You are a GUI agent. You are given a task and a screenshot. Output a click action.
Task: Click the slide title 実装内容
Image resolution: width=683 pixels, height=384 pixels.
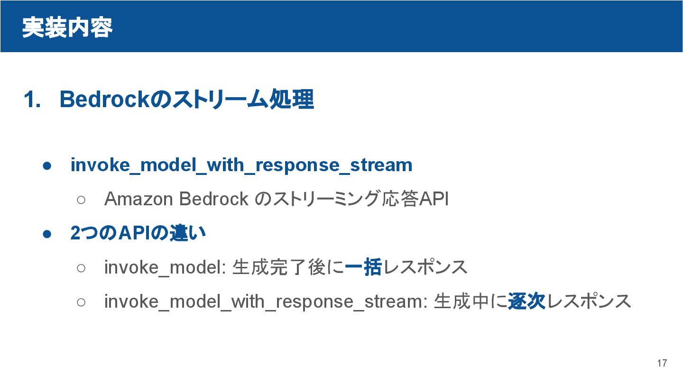coord(67,27)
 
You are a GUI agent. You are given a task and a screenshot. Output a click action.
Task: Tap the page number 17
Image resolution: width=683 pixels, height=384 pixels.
coord(662,363)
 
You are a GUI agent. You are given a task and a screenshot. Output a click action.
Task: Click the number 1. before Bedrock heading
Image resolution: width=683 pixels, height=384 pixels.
coord(32,100)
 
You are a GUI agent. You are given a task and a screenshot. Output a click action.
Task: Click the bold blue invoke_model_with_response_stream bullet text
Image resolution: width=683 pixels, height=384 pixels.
coord(241,165)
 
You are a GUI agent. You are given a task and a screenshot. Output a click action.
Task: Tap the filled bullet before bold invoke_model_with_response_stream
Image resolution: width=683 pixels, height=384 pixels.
coord(46,165)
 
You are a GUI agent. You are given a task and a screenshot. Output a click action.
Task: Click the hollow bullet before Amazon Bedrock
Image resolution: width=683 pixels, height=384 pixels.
coord(81,200)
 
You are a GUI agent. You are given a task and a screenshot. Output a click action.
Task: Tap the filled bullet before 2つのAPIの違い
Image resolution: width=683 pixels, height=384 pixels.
coord(46,234)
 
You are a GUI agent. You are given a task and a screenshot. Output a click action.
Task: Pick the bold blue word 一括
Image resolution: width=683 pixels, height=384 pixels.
coord(363,267)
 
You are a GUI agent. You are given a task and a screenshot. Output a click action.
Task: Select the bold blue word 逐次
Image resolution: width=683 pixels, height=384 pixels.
coord(526,302)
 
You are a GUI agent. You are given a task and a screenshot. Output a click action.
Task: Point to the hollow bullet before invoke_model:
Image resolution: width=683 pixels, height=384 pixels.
coord(81,268)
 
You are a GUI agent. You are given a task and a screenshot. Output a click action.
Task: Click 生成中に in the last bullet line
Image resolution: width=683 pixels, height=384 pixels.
coord(470,302)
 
